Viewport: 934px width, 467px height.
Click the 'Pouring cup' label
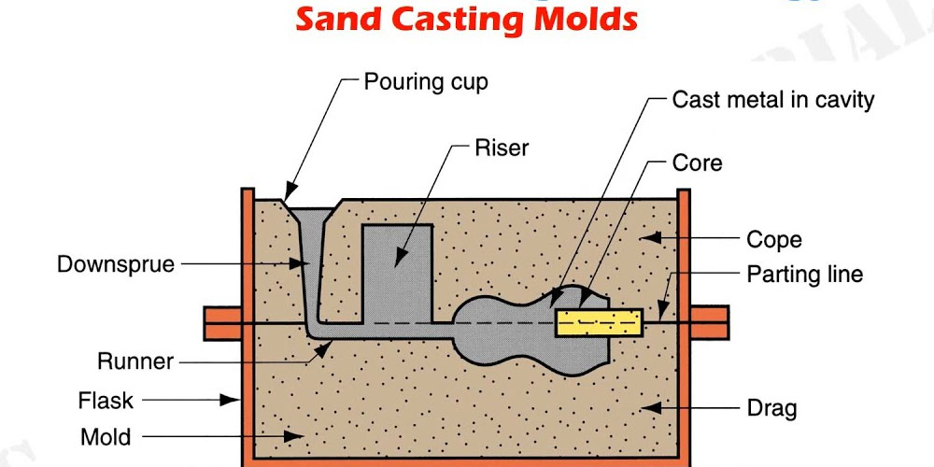click(x=426, y=81)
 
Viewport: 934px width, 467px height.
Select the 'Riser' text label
click(x=502, y=149)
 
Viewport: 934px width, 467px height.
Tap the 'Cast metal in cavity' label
click(x=773, y=100)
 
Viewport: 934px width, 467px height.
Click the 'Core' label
click(x=697, y=163)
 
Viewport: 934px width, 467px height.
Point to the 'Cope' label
click(x=773, y=239)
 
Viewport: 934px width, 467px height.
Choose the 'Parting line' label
click(x=804, y=275)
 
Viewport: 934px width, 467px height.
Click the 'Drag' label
click(x=771, y=408)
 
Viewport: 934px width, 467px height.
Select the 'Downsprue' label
click(x=116, y=264)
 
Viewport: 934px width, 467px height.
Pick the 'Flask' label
click(x=106, y=401)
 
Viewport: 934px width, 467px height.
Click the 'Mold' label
click(x=106, y=436)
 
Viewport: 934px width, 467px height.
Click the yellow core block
click(x=599, y=323)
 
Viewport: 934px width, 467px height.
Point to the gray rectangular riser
click(x=396, y=271)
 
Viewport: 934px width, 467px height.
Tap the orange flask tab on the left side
click(x=222, y=323)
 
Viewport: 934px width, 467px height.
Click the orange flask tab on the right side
click(x=709, y=323)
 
